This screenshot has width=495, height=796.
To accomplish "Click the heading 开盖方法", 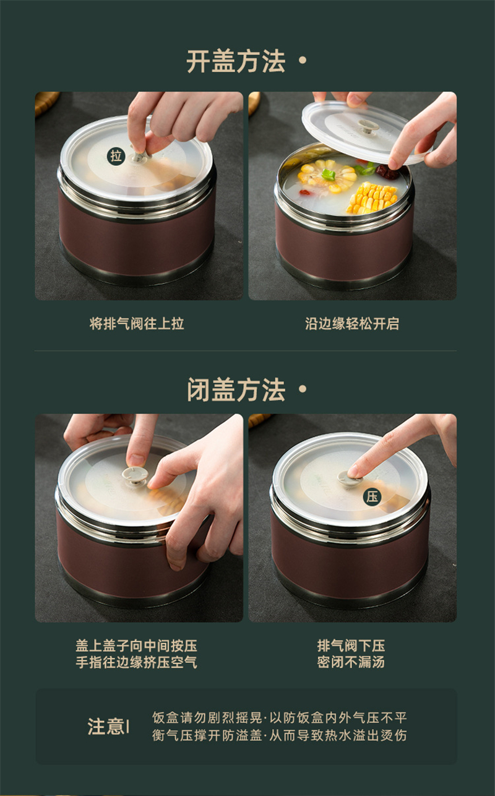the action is coord(236,61).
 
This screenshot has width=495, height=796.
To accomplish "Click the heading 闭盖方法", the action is coord(236,390).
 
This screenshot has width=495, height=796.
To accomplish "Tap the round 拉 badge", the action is coord(116,156).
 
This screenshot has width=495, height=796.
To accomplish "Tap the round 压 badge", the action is coord(372,497).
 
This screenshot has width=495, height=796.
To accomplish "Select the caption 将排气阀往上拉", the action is coord(137,324).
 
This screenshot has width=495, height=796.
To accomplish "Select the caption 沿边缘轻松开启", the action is coord(352,324).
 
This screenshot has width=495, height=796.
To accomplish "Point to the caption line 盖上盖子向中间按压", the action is coord(136,646).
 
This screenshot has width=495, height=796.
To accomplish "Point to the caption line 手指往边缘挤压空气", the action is coord(136,662).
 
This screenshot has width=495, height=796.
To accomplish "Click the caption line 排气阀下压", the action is coord(351,646).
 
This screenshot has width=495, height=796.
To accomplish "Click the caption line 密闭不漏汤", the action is coord(351,662).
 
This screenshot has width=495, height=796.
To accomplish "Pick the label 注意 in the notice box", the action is coord(106,726).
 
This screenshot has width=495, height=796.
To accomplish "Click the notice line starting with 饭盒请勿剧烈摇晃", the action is coord(279,718).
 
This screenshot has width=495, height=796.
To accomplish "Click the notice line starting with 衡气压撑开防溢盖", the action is coord(279,735).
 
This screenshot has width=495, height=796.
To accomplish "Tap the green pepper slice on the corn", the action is coord(329,175).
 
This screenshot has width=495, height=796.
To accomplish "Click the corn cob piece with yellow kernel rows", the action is coord(371,198).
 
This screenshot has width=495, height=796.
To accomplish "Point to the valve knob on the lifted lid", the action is coord(368,126).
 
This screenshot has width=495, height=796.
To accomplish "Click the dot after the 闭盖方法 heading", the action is coord(303,389).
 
